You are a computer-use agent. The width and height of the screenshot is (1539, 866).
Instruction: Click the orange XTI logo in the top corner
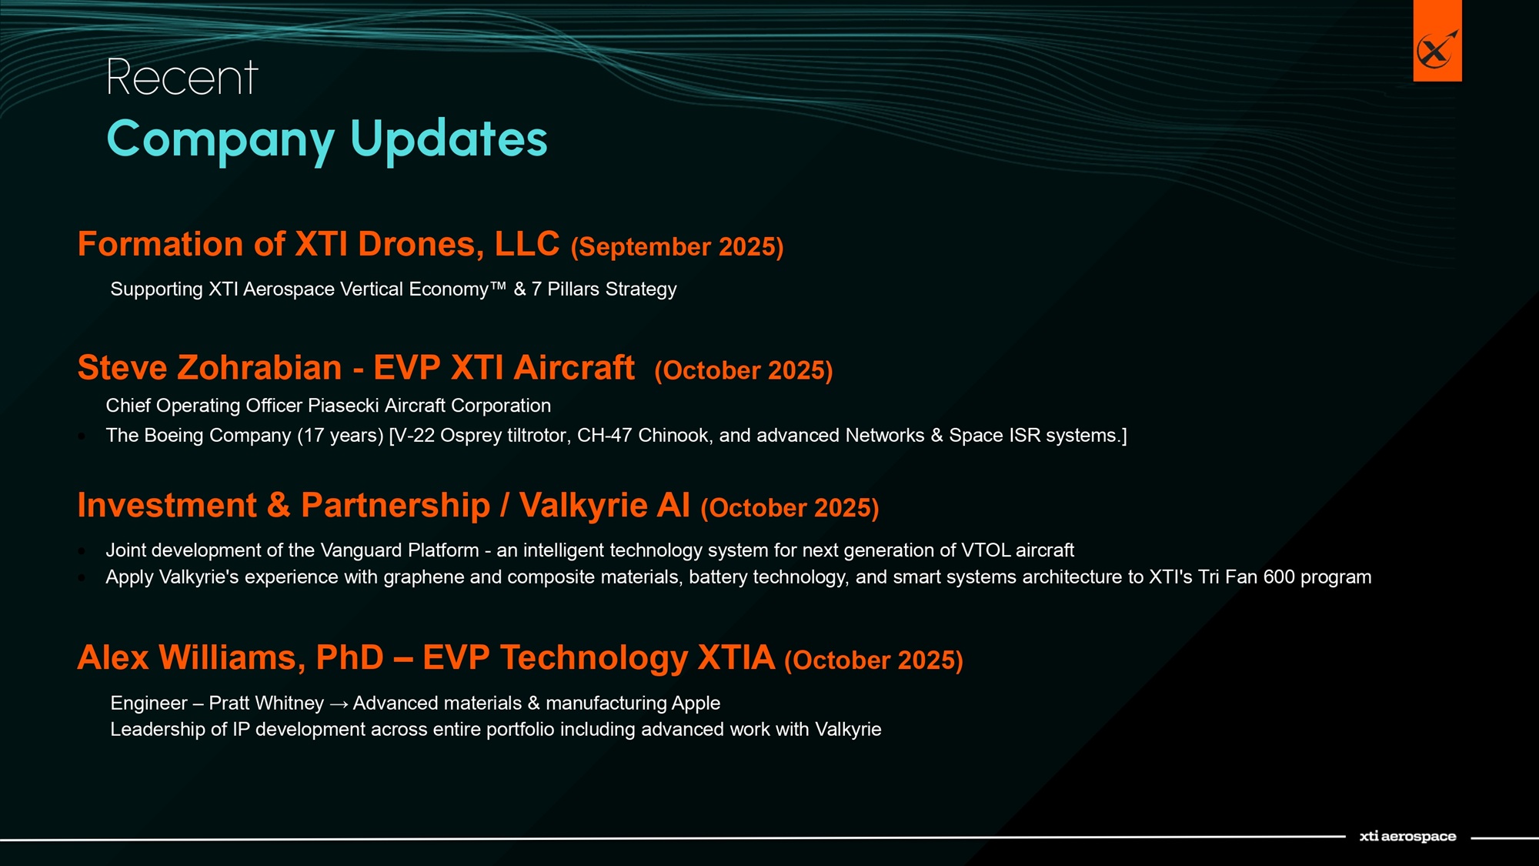1437,41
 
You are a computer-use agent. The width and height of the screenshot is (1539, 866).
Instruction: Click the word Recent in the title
182,78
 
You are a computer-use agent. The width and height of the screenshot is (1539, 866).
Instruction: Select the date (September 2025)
677,247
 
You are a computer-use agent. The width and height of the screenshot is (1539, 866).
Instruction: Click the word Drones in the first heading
421,244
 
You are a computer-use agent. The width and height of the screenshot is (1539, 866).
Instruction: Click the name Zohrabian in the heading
259,368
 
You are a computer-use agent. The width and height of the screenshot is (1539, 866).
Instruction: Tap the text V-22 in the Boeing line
415,436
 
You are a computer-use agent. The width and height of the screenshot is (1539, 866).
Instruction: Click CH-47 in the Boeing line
605,436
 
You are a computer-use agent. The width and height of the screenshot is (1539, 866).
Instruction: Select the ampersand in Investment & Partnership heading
279,506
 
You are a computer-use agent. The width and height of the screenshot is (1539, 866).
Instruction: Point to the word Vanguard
361,550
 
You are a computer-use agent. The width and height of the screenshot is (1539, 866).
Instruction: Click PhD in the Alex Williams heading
349,658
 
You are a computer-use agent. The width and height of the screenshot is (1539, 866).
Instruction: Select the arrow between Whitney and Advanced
339,704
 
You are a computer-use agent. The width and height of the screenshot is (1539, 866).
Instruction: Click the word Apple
696,704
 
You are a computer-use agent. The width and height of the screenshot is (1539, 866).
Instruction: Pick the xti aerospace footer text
1407,837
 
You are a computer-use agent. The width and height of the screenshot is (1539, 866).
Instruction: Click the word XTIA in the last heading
736,658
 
